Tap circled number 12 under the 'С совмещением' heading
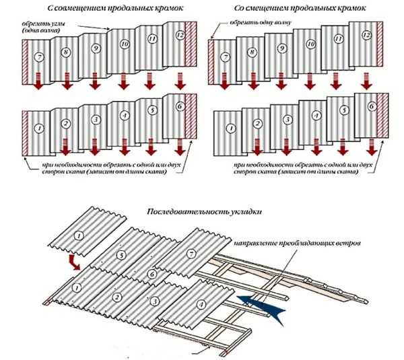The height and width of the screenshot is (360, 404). tap(180, 34)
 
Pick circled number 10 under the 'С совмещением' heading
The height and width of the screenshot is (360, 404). tap(124, 44)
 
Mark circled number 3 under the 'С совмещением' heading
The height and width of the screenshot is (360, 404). tap(96, 119)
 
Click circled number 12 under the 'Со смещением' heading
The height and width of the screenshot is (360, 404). tap(366, 34)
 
